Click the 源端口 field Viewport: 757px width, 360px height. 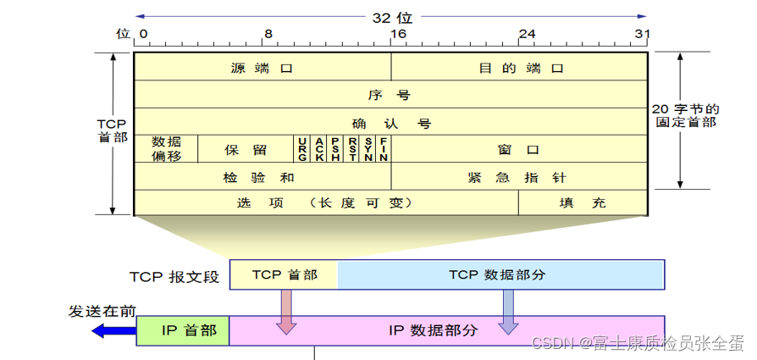pyautogui.click(x=262, y=68)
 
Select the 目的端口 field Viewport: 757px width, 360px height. pyautogui.click(x=520, y=68)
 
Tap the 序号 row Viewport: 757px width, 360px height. pyautogui.click(x=391, y=95)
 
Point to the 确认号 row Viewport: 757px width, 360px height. pyautogui.click(x=391, y=123)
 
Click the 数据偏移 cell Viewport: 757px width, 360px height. pyautogui.click(x=166, y=149)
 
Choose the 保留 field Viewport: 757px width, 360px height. pyautogui.click(x=246, y=149)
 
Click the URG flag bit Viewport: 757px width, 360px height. pyautogui.click(x=302, y=149)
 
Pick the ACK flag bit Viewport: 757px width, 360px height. pyautogui.click(x=319, y=149)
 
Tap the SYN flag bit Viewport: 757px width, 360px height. pyautogui.click(x=368, y=149)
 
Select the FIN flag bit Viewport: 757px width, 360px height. pyautogui.click(x=384, y=149)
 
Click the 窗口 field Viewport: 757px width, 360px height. pyautogui.click(x=520, y=149)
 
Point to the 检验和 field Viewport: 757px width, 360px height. pyautogui.click(x=262, y=177)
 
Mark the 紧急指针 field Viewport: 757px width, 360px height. pyautogui.click(x=520, y=177)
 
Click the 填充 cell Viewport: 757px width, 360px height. pyautogui.click(x=583, y=203)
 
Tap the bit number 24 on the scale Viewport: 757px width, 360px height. pyautogui.click(x=527, y=34)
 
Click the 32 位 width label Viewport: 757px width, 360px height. pyautogui.click(x=391, y=16)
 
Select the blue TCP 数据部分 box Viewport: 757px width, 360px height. pyautogui.click(x=500, y=275)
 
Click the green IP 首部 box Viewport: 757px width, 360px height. pyautogui.click(x=183, y=330)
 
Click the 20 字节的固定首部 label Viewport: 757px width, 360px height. pyautogui.click(x=687, y=115)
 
